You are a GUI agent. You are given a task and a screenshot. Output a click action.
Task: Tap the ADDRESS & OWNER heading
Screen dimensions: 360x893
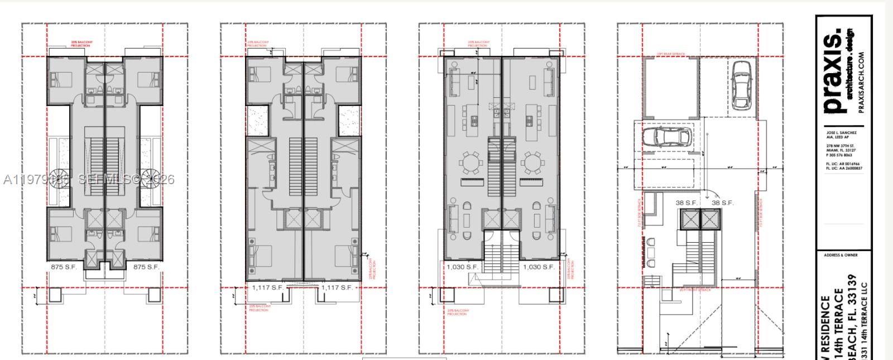(841, 255)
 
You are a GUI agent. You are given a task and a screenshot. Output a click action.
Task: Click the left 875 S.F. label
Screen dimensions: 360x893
(64, 267)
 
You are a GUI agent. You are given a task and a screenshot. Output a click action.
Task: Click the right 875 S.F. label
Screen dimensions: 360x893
(146, 267)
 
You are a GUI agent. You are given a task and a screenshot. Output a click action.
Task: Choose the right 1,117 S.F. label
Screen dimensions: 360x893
(337, 287)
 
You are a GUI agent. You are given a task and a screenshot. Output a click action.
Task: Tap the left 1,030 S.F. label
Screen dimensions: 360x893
(462, 267)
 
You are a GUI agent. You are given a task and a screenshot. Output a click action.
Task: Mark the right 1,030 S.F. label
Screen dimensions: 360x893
(539, 267)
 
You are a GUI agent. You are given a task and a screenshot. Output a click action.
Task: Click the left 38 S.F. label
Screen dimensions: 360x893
(686, 203)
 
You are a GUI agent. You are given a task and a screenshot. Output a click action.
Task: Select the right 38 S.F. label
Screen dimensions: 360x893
(723, 203)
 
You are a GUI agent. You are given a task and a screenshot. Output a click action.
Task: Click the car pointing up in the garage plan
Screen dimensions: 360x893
(742, 85)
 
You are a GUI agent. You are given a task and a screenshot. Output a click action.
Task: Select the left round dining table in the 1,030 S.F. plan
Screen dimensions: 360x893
(470, 164)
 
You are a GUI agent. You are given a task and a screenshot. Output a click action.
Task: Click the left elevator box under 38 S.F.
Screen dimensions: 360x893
(689, 220)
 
